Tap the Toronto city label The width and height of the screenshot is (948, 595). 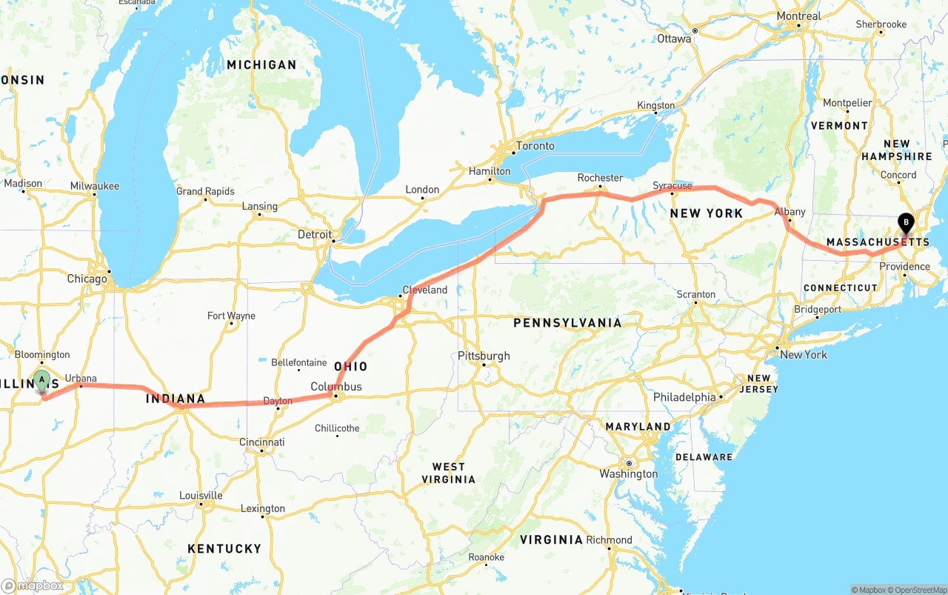[535, 146]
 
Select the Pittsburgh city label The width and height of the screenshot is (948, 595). [484, 356]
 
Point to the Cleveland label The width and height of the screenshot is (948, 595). [424, 290]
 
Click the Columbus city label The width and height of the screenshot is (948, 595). [336, 387]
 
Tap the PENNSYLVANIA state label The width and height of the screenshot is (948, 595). [567, 323]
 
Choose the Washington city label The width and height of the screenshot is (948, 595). [629, 473]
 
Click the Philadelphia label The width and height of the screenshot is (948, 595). [684, 397]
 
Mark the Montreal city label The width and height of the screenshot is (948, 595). [798, 16]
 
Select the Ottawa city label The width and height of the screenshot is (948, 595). [674, 39]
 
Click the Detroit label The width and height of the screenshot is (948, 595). [315, 234]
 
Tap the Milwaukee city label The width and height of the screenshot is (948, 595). [95, 186]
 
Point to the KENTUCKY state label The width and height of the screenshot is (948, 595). [224, 548]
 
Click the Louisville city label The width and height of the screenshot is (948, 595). [201, 495]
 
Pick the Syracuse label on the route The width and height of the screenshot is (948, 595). [672, 186]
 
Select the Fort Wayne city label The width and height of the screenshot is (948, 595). [231, 316]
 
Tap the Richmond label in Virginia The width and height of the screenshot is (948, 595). [609, 540]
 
